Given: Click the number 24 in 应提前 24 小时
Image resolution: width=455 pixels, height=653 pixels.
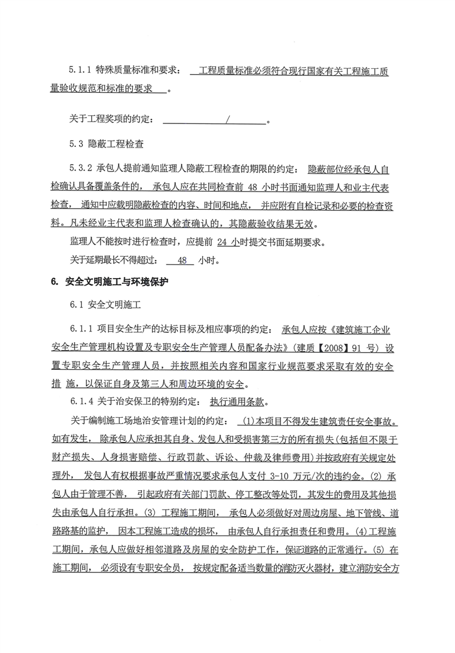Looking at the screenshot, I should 222,242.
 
